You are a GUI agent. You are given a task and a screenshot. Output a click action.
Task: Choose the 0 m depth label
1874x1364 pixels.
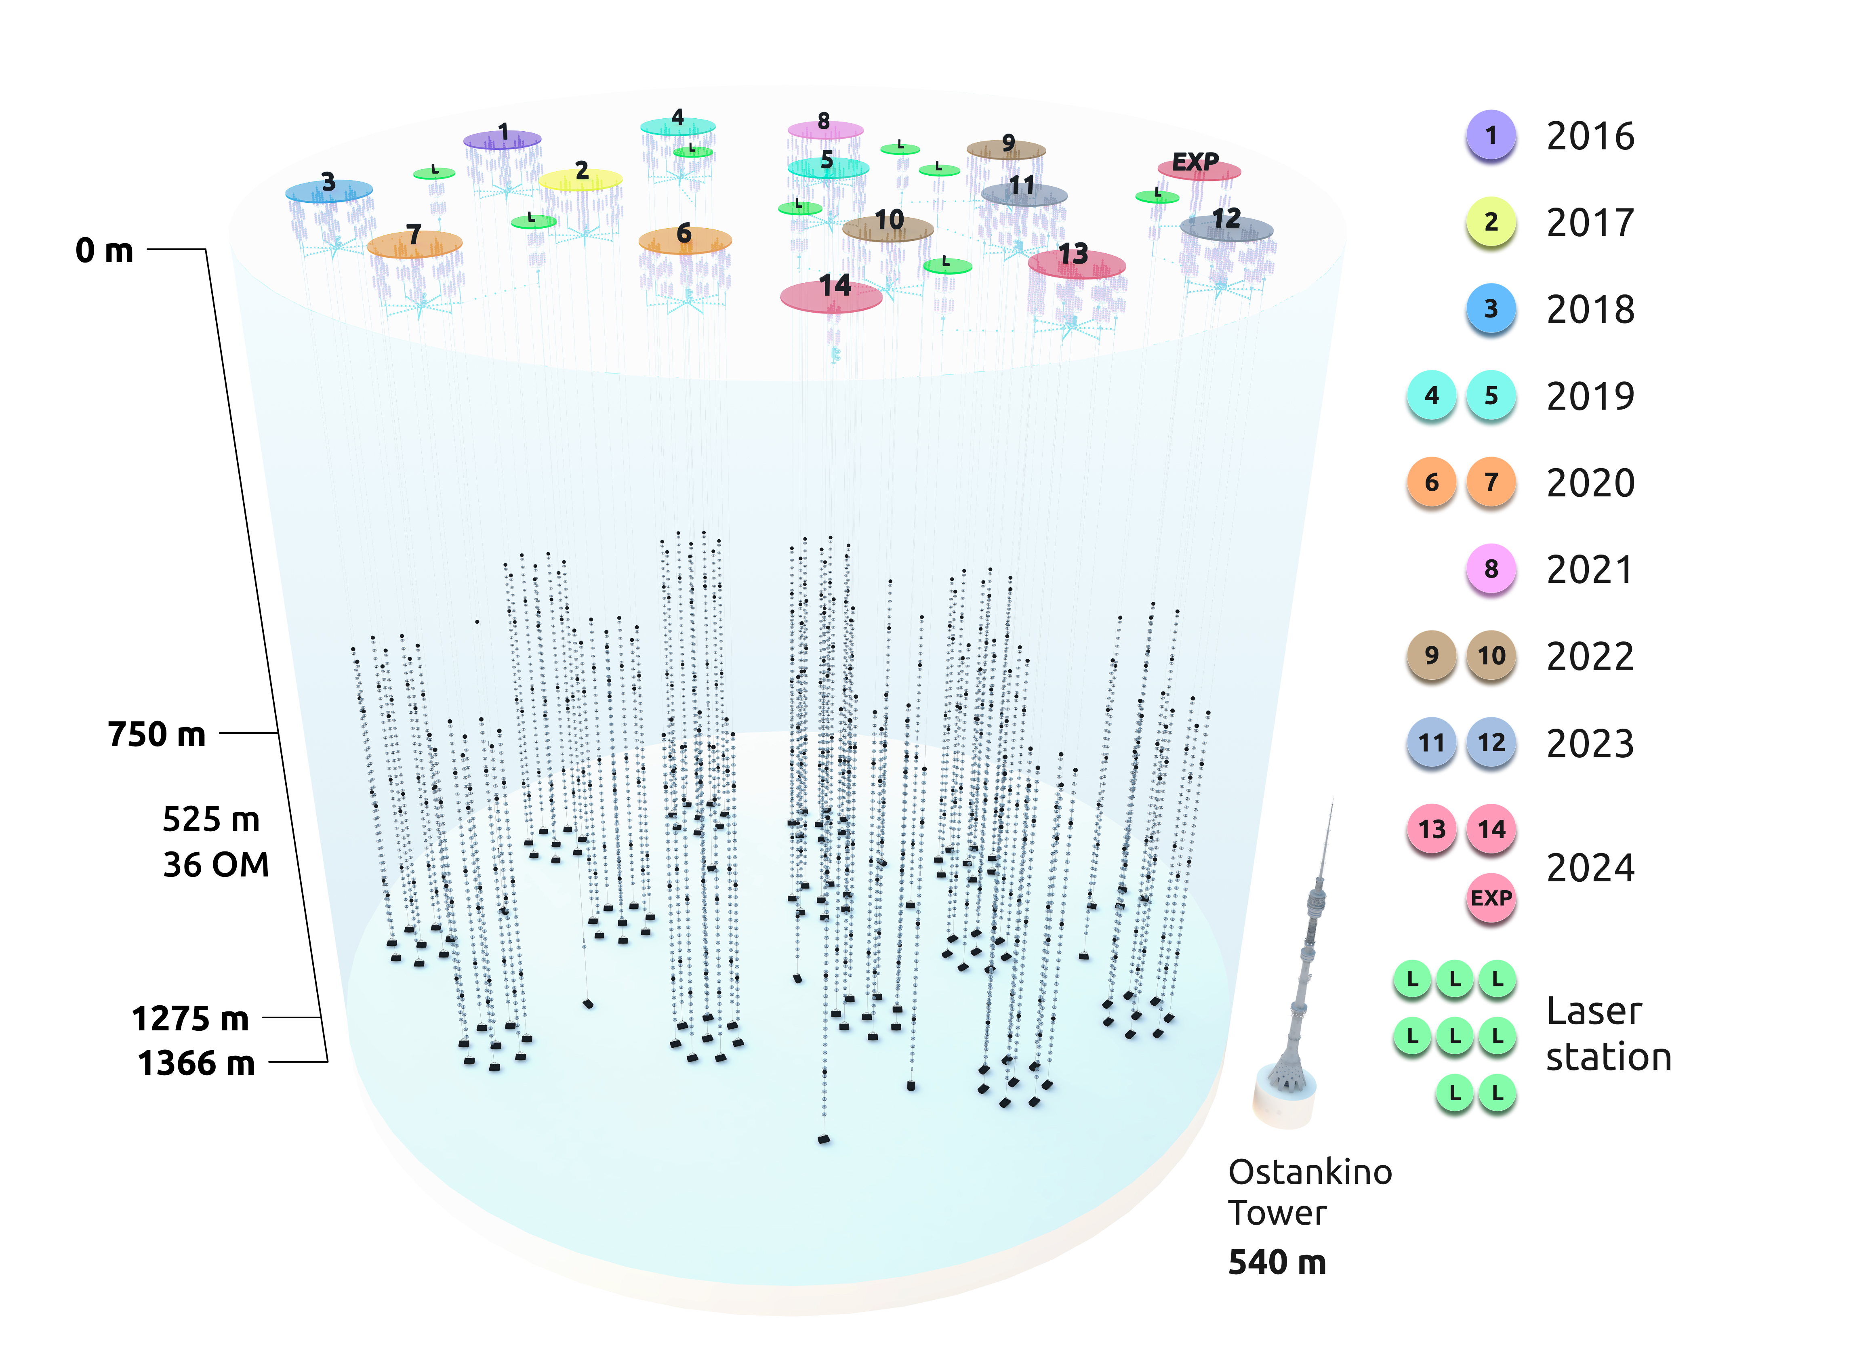point(104,250)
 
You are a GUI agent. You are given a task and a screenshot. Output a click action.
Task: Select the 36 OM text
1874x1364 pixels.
point(216,864)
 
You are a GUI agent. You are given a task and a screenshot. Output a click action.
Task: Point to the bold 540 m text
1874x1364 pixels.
point(1277,1262)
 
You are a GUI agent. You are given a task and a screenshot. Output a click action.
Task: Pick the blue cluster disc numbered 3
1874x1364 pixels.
point(329,191)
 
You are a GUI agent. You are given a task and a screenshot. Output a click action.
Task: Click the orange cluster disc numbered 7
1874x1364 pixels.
point(414,244)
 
